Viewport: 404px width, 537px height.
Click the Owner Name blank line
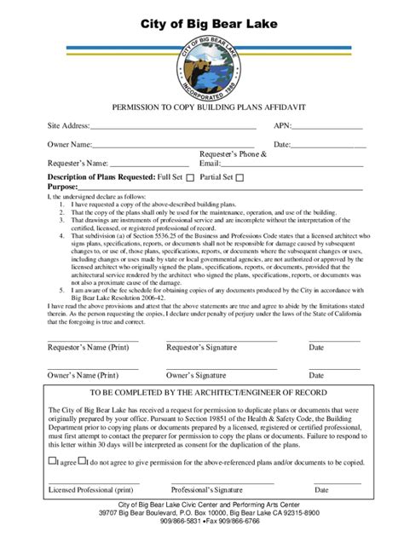[176, 146]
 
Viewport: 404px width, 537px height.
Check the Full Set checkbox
[191, 178]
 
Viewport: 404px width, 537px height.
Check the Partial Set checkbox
[240, 178]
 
